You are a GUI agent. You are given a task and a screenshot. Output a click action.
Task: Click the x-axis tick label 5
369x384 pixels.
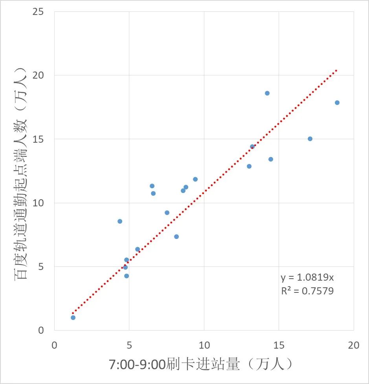click(129, 345)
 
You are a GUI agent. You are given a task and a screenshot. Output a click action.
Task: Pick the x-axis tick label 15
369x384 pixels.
click(279, 345)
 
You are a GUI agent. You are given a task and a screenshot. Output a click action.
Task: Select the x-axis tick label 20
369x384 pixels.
click(353, 345)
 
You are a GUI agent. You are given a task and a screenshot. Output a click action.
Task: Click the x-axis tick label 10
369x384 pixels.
click(204, 345)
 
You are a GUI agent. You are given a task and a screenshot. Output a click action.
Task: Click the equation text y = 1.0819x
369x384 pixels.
click(307, 278)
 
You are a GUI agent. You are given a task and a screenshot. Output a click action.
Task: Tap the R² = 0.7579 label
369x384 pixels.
click(307, 291)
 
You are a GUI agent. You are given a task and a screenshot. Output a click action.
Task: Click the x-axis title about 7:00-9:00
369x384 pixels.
click(201, 365)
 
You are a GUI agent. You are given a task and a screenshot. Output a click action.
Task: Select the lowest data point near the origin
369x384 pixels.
click(73, 318)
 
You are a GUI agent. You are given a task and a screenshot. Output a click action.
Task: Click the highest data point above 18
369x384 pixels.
click(267, 93)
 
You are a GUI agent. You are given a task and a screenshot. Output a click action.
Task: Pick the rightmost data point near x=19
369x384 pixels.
click(337, 103)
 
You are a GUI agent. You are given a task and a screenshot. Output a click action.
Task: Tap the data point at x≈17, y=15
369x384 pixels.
click(310, 139)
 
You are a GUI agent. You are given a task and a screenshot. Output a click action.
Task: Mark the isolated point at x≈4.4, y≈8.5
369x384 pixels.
click(120, 221)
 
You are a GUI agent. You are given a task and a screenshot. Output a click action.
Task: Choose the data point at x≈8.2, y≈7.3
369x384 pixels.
click(176, 237)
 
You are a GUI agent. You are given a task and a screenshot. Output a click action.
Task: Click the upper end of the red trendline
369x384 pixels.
click(336, 70)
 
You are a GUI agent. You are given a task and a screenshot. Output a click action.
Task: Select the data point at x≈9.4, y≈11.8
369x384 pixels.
click(195, 179)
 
